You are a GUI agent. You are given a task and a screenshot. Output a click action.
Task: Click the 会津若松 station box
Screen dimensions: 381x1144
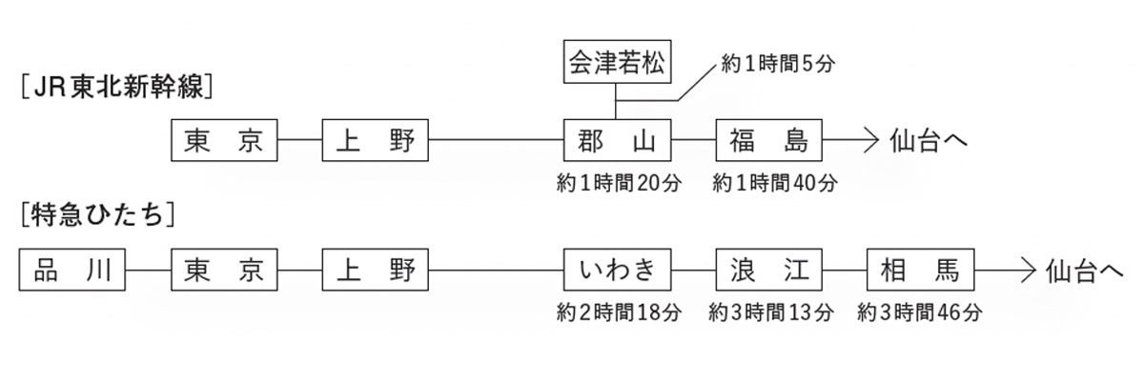pos(616,63)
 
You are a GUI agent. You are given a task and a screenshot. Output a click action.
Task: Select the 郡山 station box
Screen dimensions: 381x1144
pos(616,141)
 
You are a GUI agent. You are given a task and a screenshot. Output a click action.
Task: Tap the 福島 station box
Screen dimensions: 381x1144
pos(768,141)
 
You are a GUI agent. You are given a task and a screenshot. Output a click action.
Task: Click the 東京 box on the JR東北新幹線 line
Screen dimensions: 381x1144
pos(224,141)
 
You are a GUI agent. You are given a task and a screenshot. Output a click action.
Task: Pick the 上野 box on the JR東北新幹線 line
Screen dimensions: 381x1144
pos(377,141)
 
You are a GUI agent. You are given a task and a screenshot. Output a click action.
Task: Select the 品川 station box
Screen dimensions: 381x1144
pos(72,271)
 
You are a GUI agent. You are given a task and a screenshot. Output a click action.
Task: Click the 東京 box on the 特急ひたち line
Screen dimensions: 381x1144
pos(224,271)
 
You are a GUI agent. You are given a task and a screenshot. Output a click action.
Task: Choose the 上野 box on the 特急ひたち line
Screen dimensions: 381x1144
pos(377,271)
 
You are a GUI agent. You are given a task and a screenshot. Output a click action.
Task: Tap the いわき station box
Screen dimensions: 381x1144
pos(616,271)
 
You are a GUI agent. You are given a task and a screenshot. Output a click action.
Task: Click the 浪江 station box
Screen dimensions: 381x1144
pos(768,271)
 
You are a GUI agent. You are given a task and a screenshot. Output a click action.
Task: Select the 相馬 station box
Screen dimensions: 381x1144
pos(920,271)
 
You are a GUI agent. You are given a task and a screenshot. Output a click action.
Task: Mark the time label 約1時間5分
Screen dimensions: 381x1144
pos(779,65)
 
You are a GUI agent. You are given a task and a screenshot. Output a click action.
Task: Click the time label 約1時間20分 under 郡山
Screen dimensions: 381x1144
pos(619,184)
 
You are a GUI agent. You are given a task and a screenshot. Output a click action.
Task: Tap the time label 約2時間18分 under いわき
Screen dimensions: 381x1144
pos(619,311)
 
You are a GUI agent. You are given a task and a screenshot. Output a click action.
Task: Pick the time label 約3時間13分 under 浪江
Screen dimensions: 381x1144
pos(771,311)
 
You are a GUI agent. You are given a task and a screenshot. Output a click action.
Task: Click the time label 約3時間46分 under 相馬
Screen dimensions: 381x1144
pos(920,311)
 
